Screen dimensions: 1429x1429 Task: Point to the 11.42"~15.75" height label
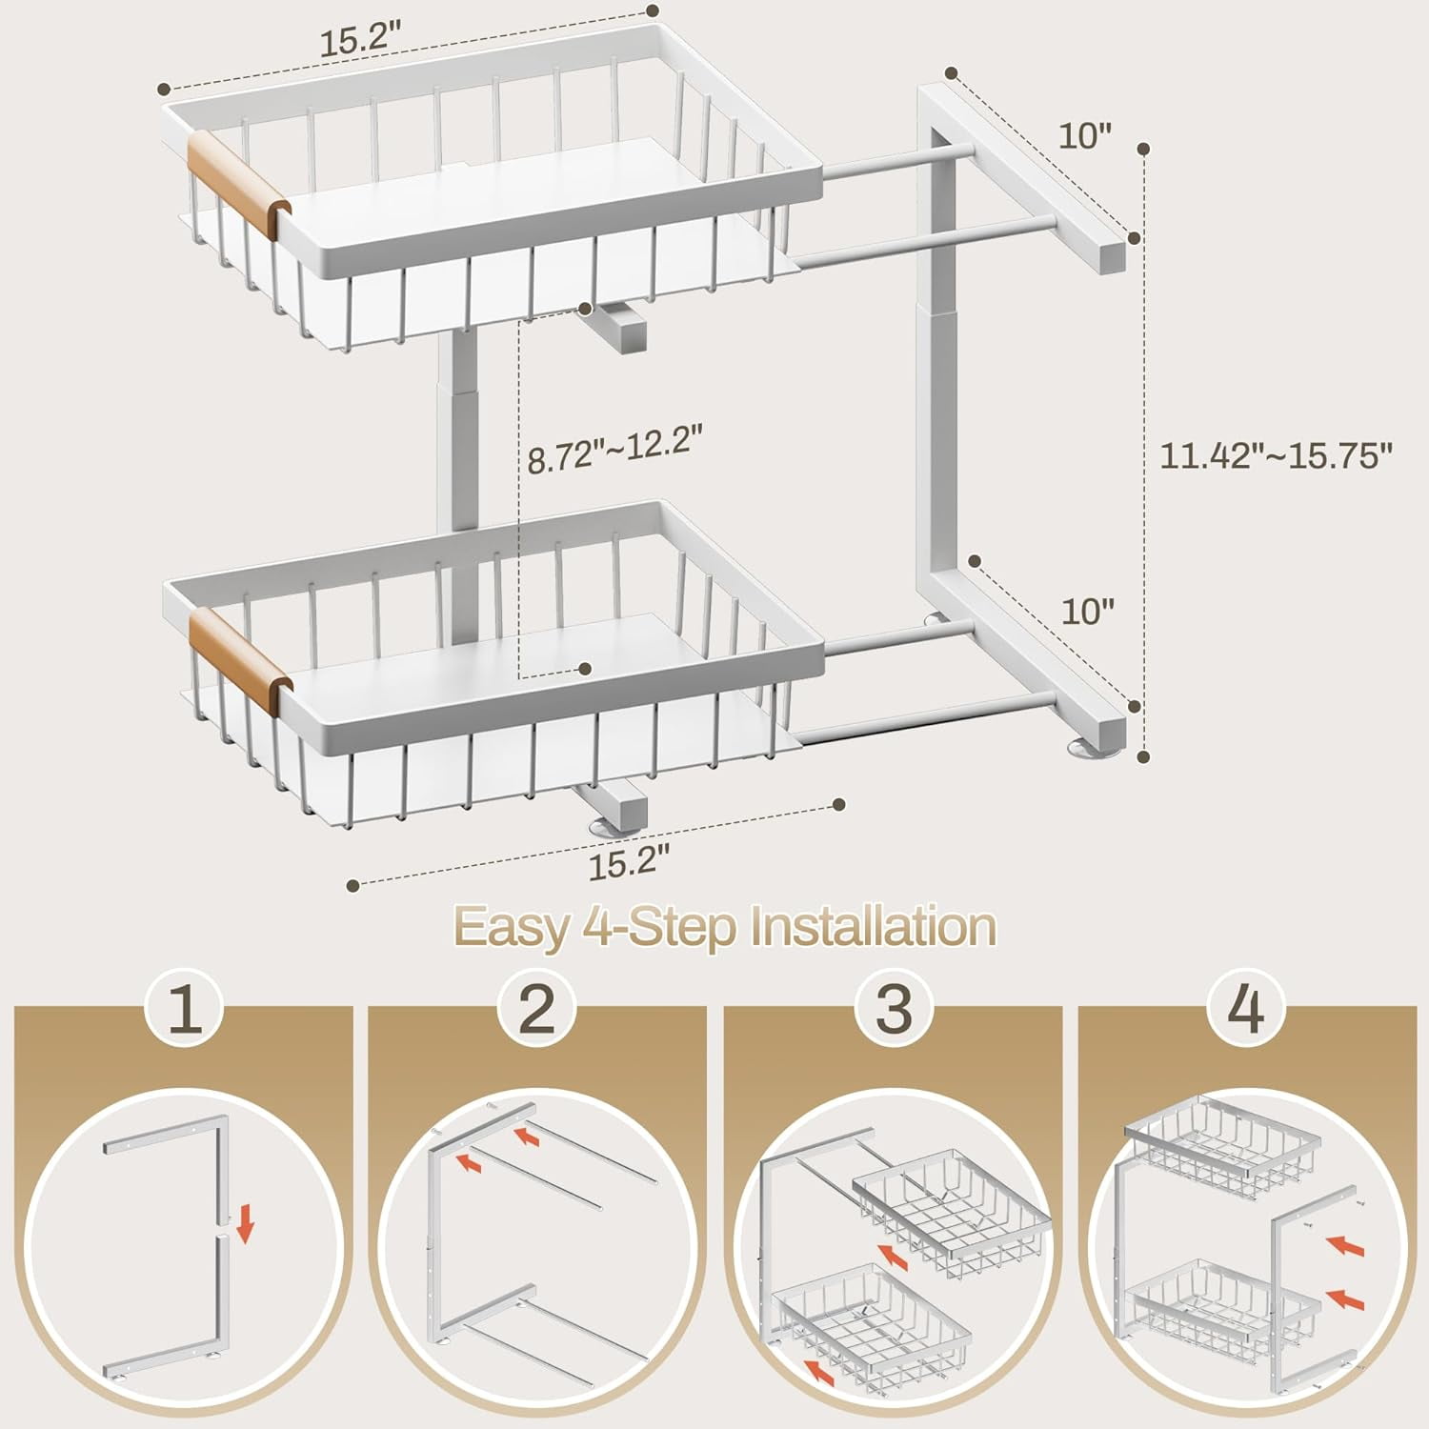tap(1276, 454)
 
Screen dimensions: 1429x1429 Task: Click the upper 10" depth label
tap(1085, 135)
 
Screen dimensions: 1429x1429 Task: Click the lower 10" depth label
tap(1085, 611)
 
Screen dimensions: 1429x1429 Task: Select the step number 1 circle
tap(183, 1009)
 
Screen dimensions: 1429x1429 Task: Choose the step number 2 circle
tap(537, 1009)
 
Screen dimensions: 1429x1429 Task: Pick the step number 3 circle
tap(893, 1009)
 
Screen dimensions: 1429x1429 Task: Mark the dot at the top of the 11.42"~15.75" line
tap(1143, 148)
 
